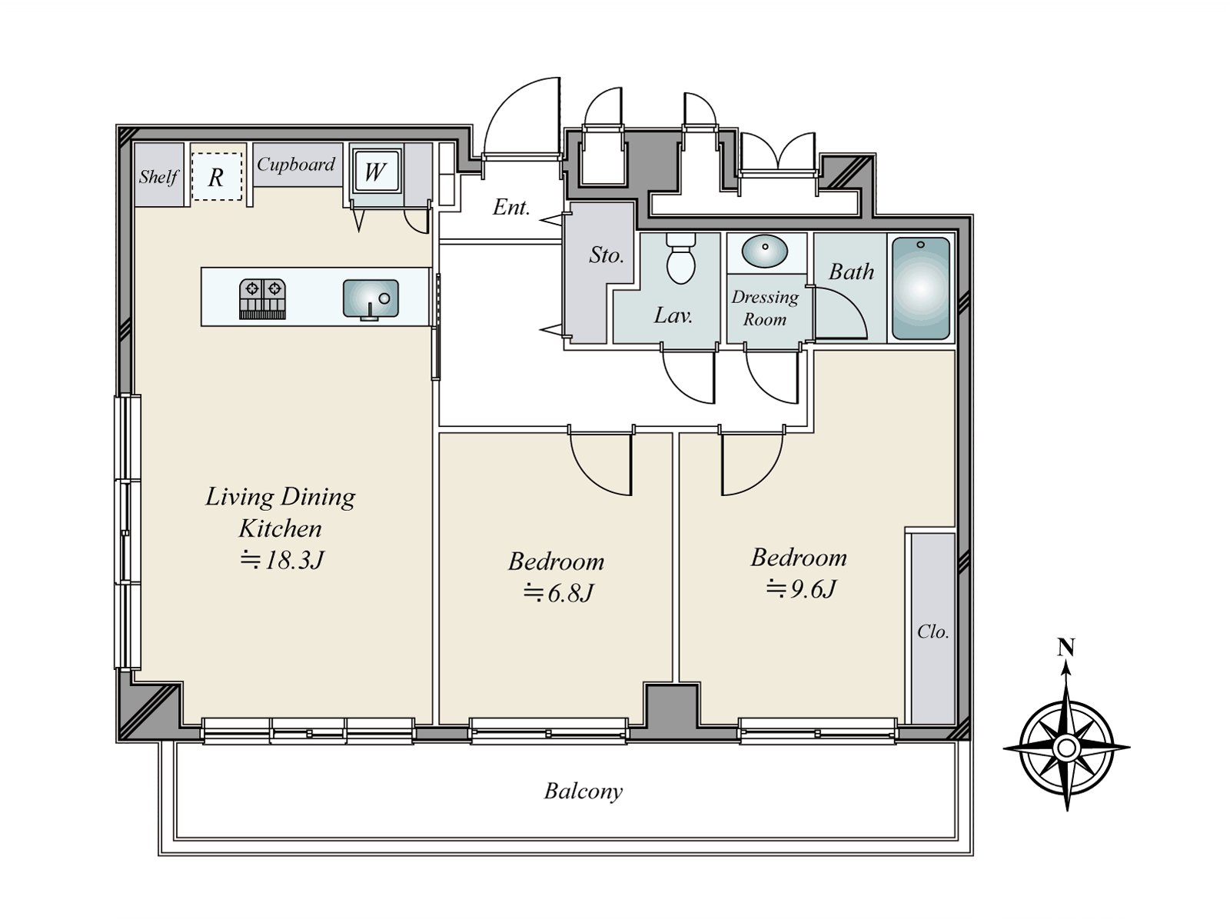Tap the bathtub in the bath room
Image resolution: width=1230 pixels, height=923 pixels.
(x=921, y=288)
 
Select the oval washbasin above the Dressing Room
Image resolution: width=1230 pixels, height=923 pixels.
(x=765, y=252)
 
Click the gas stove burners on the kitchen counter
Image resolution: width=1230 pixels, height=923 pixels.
(x=262, y=299)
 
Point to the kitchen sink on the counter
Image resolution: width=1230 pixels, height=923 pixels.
(x=371, y=298)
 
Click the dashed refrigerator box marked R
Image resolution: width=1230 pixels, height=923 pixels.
(x=216, y=176)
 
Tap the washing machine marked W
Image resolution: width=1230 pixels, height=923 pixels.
(x=375, y=170)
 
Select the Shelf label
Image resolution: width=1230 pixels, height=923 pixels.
(x=158, y=177)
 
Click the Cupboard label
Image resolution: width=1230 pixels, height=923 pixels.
(x=296, y=164)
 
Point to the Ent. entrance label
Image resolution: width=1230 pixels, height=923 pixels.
(x=511, y=208)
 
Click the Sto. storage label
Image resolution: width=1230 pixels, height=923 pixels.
(x=607, y=255)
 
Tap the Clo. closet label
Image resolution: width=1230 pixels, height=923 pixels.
(x=933, y=631)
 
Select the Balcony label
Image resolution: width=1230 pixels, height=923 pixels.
(x=583, y=792)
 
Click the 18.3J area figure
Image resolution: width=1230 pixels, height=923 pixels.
(x=282, y=560)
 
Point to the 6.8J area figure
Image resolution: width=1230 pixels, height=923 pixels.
(x=558, y=593)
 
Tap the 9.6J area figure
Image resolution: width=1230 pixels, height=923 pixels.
(x=801, y=589)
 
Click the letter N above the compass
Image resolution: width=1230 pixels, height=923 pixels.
(x=1065, y=648)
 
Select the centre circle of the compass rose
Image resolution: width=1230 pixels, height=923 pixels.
(x=1066, y=747)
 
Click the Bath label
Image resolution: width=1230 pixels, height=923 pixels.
(x=851, y=272)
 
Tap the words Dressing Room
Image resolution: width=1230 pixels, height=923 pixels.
(x=765, y=308)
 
